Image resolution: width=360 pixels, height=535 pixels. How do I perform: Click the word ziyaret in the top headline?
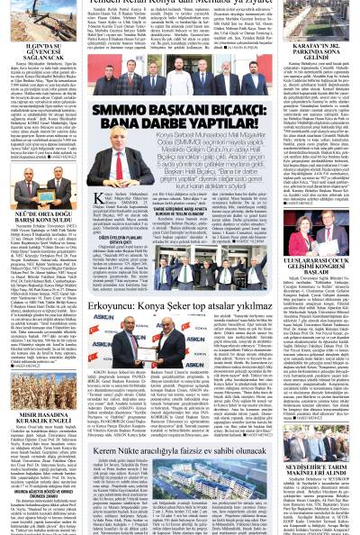point(253,4)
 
